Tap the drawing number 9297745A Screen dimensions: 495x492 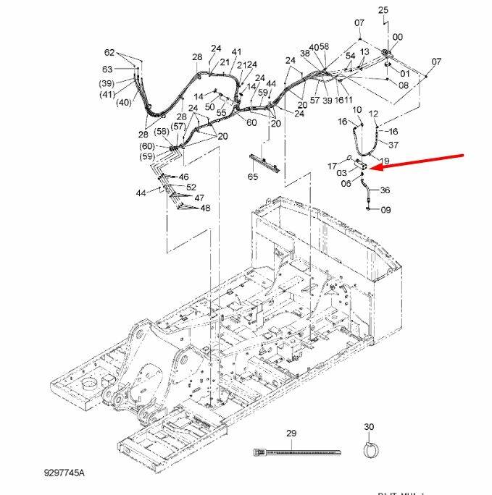[64, 473]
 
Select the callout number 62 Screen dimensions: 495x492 [109, 53]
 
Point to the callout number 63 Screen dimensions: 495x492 [107, 69]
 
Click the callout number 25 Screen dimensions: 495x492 [383, 9]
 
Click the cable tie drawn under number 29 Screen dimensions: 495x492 [296, 452]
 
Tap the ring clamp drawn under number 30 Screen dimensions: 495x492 [370, 450]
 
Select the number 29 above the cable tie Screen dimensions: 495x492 [291, 434]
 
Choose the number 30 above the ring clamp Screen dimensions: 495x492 [369, 427]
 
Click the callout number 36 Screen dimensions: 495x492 [385, 190]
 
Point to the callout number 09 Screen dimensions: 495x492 [385, 211]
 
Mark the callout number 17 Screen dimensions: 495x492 [333, 165]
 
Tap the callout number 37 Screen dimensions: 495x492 [393, 145]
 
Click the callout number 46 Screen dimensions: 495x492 [183, 177]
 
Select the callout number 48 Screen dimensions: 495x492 [205, 208]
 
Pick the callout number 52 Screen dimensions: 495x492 [191, 187]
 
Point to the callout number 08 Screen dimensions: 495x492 [404, 85]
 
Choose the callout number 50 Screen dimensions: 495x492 [209, 106]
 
